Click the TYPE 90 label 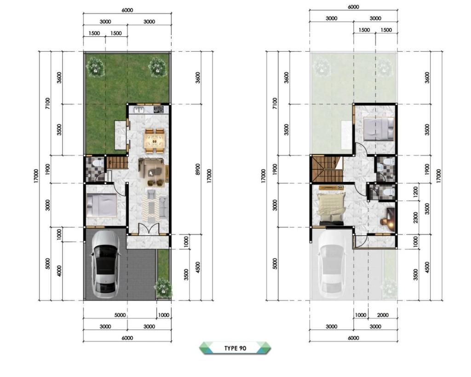[235, 348]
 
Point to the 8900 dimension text [197, 169]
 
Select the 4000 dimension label [59, 271]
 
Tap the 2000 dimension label [383, 315]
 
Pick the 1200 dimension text [415, 191]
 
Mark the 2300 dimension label [415, 217]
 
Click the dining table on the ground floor [155, 141]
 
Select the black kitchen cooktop [159, 110]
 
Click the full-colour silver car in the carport [105, 265]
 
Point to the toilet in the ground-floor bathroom [98, 163]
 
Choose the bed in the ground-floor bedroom [102, 205]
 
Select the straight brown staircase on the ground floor [117, 162]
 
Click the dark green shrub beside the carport [163, 288]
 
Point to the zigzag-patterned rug [152, 208]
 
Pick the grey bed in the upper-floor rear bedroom [378, 129]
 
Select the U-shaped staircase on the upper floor [327, 169]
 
